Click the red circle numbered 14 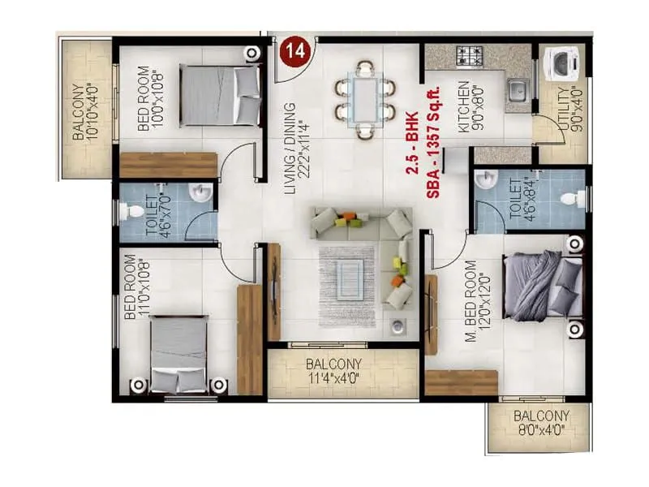pyautogui.click(x=296, y=50)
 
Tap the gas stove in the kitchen pyautogui.click(x=470, y=56)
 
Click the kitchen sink pyautogui.click(x=517, y=91)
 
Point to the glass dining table pyautogui.click(x=365, y=98)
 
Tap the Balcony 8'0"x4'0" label pyautogui.click(x=542, y=423)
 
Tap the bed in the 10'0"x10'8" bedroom pyautogui.click(x=219, y=95)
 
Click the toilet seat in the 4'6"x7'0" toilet pyautogui.click(x=131, y=212)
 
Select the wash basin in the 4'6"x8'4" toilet pyautogui.click(x=486, y=179)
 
